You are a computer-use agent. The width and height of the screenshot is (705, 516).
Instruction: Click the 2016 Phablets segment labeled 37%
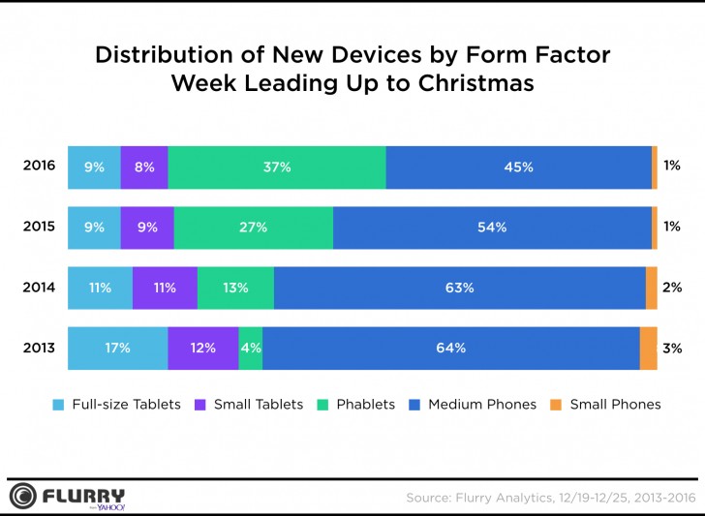click(x=277, y=167)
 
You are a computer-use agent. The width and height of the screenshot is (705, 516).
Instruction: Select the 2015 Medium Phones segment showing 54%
click(x=492, y=228)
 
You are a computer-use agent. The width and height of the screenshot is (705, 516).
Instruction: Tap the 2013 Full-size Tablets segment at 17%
click(x=117, y=348)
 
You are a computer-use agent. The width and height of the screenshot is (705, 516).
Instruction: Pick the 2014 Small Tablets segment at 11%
click(x=165, y=288)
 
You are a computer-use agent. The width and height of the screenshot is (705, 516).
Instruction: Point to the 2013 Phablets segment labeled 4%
click(x=250, y=348)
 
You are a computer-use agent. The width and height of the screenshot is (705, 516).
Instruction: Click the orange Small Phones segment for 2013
click(x=648, y=348)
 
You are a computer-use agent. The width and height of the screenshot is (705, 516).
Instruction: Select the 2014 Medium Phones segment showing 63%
click(x=459, y=288)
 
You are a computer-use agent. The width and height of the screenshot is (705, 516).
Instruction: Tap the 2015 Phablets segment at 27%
click(x=253, y=228)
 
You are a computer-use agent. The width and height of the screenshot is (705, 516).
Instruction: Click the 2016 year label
click(x=39, y=167)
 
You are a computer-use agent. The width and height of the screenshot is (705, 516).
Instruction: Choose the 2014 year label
click(x=39, y=288)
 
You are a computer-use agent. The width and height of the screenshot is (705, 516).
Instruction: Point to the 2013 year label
click(x=39, y=348)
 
